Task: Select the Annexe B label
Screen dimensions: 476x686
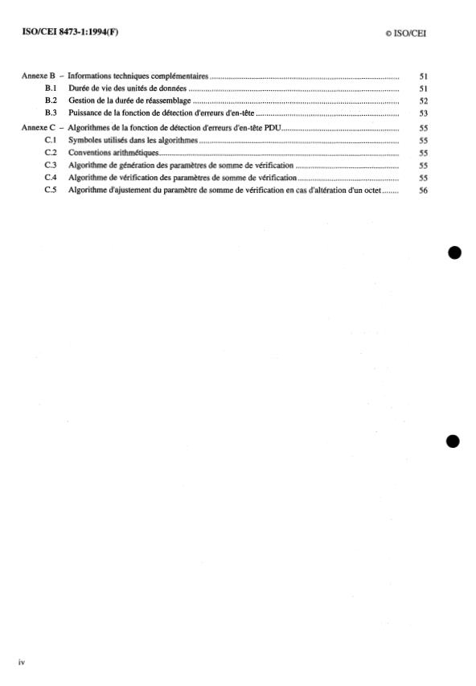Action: pos(35,76)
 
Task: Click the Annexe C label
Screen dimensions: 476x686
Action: pos(35,129)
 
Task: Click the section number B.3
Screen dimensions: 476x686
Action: pos(51,113)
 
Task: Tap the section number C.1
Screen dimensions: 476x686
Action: pos(51,140)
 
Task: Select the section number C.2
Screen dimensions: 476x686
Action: pos(51,152)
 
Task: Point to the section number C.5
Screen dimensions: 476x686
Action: pos(51,191)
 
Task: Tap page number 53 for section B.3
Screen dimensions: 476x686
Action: pos(424,113)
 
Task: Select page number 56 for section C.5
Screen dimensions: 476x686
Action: pos(424,191)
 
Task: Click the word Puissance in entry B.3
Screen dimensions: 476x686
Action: pos(88,113)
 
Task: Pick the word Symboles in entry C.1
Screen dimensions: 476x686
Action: pos(88,140)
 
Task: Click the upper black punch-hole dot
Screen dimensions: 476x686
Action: pos(455,253)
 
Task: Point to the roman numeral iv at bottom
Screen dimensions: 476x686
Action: pos(23,661)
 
